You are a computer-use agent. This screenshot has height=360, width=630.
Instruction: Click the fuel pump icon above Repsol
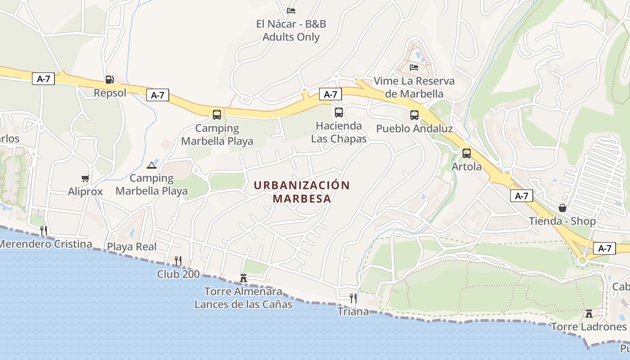[109, 80]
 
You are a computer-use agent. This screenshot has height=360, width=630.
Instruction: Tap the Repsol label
[110, 93]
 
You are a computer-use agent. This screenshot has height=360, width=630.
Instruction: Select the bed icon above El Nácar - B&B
[291, 10]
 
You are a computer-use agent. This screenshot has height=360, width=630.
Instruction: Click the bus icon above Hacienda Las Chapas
[339, 112]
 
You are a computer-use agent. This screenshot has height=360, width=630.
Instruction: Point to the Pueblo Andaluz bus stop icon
[414, 115]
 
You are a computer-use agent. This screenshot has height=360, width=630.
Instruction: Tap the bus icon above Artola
[467, 153]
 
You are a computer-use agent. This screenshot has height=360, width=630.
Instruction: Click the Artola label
[467, 166]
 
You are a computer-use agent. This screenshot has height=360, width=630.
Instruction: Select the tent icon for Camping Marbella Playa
[152, 165]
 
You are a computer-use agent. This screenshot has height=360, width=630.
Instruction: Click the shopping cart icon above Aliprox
[85, 178]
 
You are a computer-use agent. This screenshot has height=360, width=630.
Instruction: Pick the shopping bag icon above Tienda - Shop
[562, 208]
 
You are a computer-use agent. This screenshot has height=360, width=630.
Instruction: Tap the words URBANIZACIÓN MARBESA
[301, 192]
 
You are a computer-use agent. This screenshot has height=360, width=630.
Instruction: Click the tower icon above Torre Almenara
[243, 278]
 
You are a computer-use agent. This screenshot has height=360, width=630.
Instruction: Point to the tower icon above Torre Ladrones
[589, 313]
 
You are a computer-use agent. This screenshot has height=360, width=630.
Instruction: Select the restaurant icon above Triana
[353, 298]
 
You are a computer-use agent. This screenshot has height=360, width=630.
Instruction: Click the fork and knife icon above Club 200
[178, 261]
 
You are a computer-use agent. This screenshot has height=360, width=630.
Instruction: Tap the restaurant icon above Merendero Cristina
[44, 231]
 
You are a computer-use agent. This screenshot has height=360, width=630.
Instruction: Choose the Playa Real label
[132, 247]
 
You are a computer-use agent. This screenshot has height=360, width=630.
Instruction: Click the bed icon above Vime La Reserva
[414, 67]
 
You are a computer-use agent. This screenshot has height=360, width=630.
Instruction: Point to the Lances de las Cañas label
[243, 304]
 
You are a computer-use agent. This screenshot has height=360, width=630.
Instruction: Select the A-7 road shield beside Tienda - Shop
[522, 196]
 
